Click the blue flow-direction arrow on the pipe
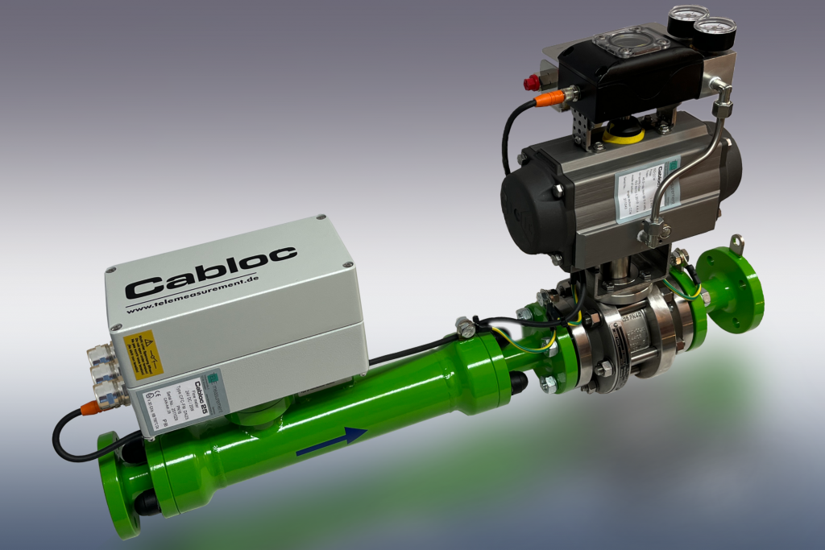pos(332,441)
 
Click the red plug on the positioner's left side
pos(532,81)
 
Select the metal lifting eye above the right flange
pos(736,242)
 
